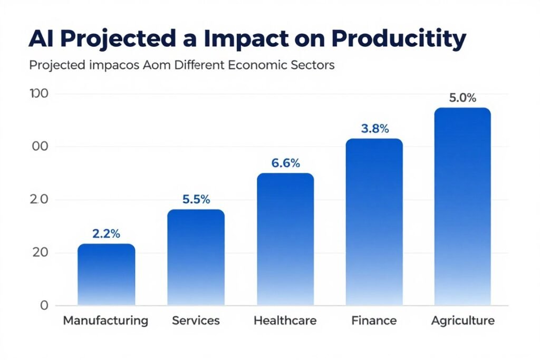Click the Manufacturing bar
pos(106,275)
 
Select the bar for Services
pos(196,257)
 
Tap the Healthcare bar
pos(285,239)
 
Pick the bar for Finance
pos(374,222)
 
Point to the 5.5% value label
pos(196,200)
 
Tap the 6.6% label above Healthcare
pos(285,163)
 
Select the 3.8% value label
pos(375,128)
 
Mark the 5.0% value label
pos(462,98)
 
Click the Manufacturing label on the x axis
pos(105,320)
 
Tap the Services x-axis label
pos(196,320)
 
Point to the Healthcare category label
pos(285,320)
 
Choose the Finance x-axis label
pos(374,320)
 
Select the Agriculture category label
pos(462,320)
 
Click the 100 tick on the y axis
pos(39,94)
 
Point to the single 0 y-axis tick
pos(44,306)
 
